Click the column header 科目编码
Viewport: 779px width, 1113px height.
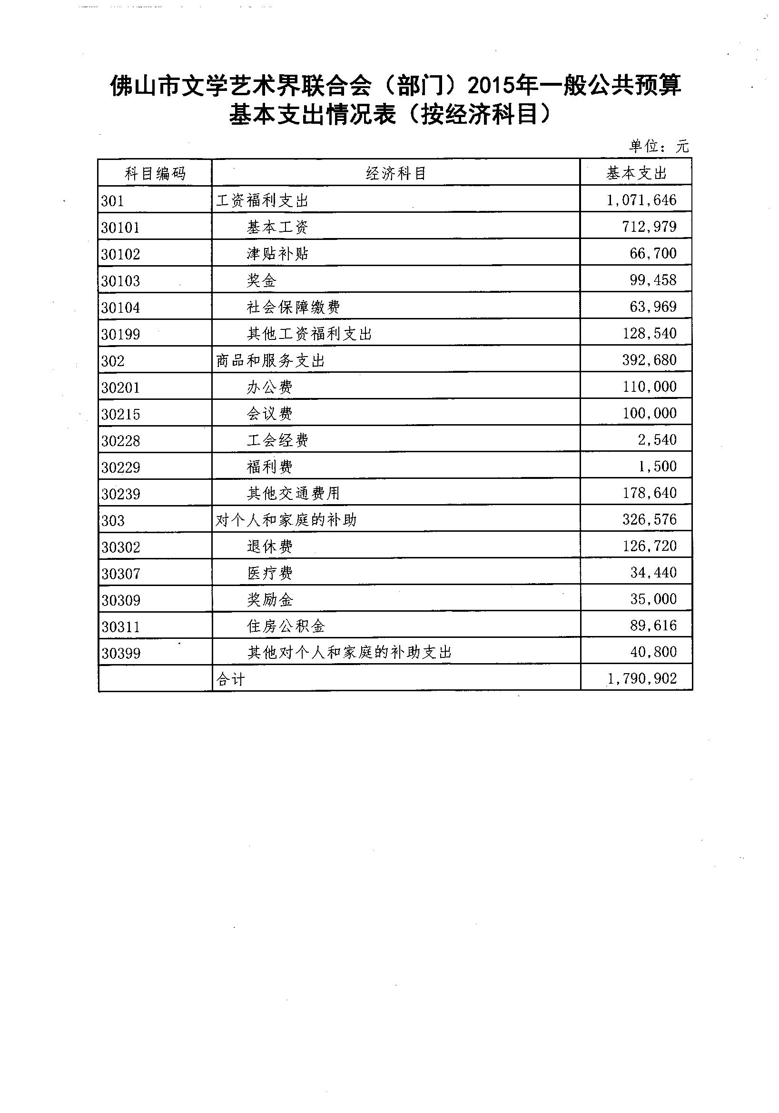[x=155, y=173]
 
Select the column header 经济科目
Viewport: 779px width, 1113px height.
[x=396, y=173]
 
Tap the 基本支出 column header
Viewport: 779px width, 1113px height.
[x=636, y=173]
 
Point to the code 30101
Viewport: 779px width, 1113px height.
[x=120, y=228]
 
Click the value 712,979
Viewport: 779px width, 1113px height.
[x=649, y=227]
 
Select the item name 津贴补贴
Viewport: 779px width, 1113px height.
[x=277, y=254]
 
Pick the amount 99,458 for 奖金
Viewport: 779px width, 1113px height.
[x=652, y=280]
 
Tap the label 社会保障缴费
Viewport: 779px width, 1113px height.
[x=293, y=307]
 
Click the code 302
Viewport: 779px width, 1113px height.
[x=113, y=361]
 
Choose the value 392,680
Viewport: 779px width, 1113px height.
[x=649, y=360]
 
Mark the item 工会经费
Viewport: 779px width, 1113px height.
[x=277, y=440]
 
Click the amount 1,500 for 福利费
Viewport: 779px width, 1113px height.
[x=657, y=467]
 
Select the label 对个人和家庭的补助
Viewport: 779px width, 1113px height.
[x=286, y=520]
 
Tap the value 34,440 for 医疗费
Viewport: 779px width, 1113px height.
[x=653, y=573]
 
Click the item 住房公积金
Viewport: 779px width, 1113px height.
[x=286, y=626]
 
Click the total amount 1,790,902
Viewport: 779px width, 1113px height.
[x=642, y=678]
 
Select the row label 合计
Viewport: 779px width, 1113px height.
[x=231, y=679]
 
